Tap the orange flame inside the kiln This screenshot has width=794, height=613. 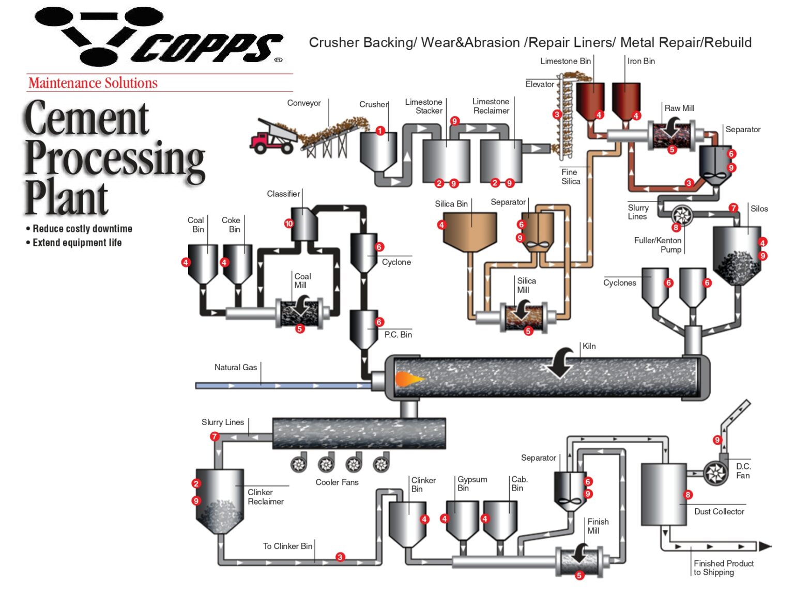[x=407, y=380]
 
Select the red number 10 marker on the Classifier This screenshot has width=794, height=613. [x=288, y=224]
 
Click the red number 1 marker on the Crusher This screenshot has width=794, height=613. [x=380, y=131]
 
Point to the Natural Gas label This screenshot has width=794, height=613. [x=235, y=367]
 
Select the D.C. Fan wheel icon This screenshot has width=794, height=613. [x=716, y=473]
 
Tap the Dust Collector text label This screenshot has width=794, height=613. [x=719, y=511]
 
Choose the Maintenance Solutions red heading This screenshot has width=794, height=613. [x=93, y=83]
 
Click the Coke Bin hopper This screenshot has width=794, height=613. [x=238, y=263]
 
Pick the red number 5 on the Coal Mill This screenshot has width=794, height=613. [x=300, y=329]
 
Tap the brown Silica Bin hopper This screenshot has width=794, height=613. [x=469, y=231]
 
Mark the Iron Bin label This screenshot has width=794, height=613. [x=641, y=61]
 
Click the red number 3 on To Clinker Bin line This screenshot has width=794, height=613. [x=340, y=557]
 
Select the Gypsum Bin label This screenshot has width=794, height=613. [x=472, y=483]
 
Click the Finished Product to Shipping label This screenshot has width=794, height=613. [x=723, y=568]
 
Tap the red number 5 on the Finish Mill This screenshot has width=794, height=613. [x=579, y=575]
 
